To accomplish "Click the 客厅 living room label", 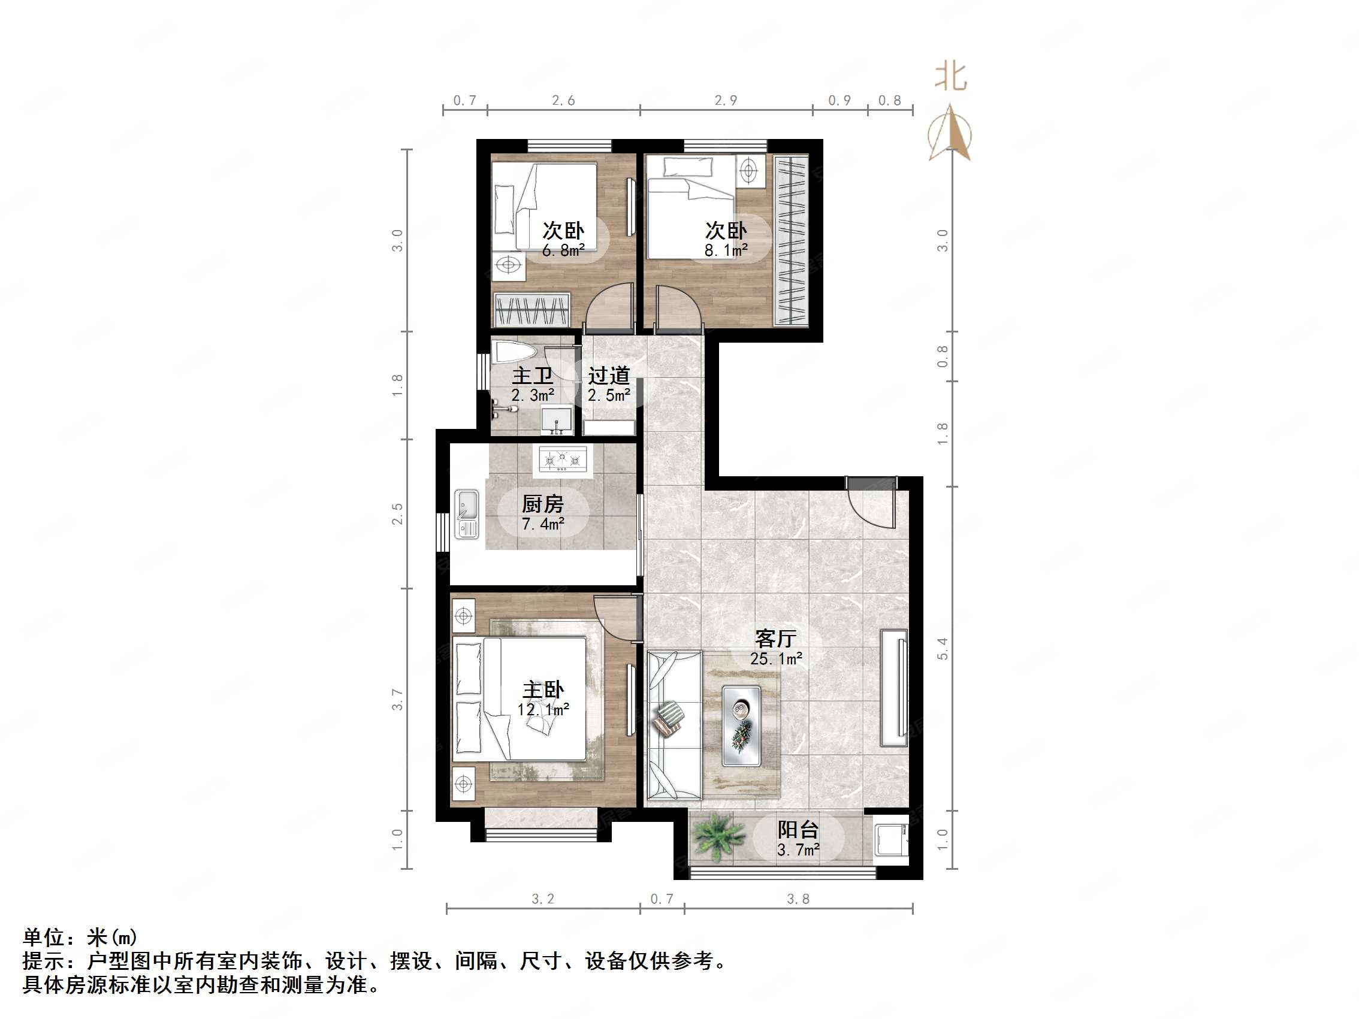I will click(x=775, y=639).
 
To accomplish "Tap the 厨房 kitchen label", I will click(x=542, y=504).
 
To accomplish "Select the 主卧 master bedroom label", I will click(x=543, y=690).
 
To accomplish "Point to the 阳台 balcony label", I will click(x=798, y=830).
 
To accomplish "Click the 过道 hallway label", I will click(x=609, y=375).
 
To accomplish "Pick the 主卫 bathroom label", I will click(x=533, y=375).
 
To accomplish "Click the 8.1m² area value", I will click(x=726, y=250).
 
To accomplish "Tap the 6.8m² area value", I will click(x=563, y=250).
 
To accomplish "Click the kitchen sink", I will click(x=466, y=513).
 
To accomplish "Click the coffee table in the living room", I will click(x=741, y=726).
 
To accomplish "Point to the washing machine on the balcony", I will click(x=890, y=839).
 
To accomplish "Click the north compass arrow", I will click(x=950, y=132).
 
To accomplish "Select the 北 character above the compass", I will click(x=950, y=77).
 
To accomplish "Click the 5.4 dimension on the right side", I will click(x=943, y=649).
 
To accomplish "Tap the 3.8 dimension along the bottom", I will click(x=798, y=899).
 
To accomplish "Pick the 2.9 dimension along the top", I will click(x=726, y=100).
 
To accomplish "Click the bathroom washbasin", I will click(x=557, y=419).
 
